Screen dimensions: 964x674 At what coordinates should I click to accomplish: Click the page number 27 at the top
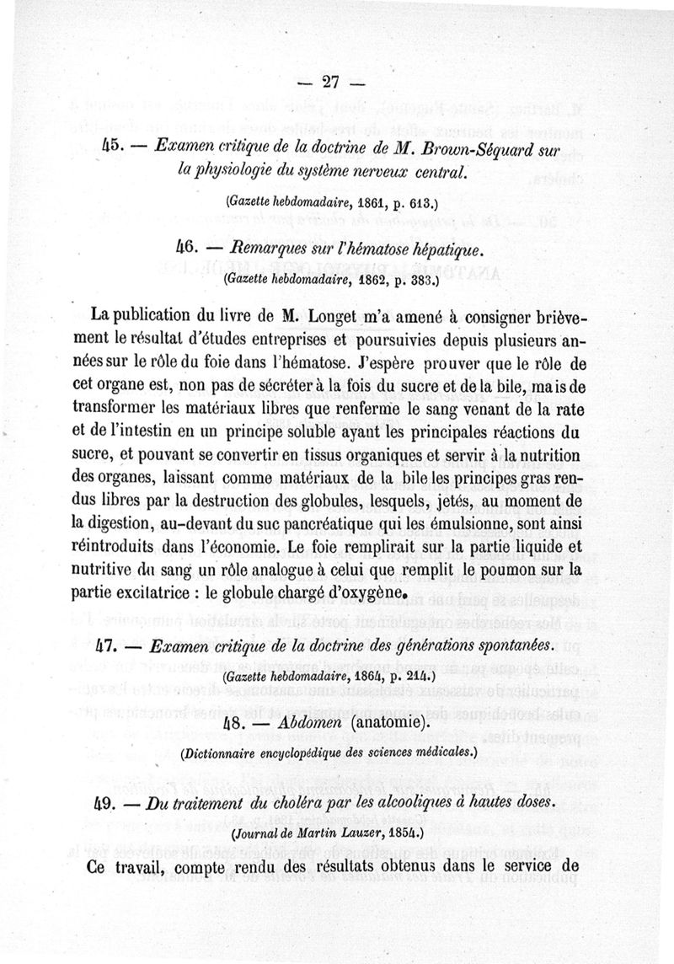click(330, 83)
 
